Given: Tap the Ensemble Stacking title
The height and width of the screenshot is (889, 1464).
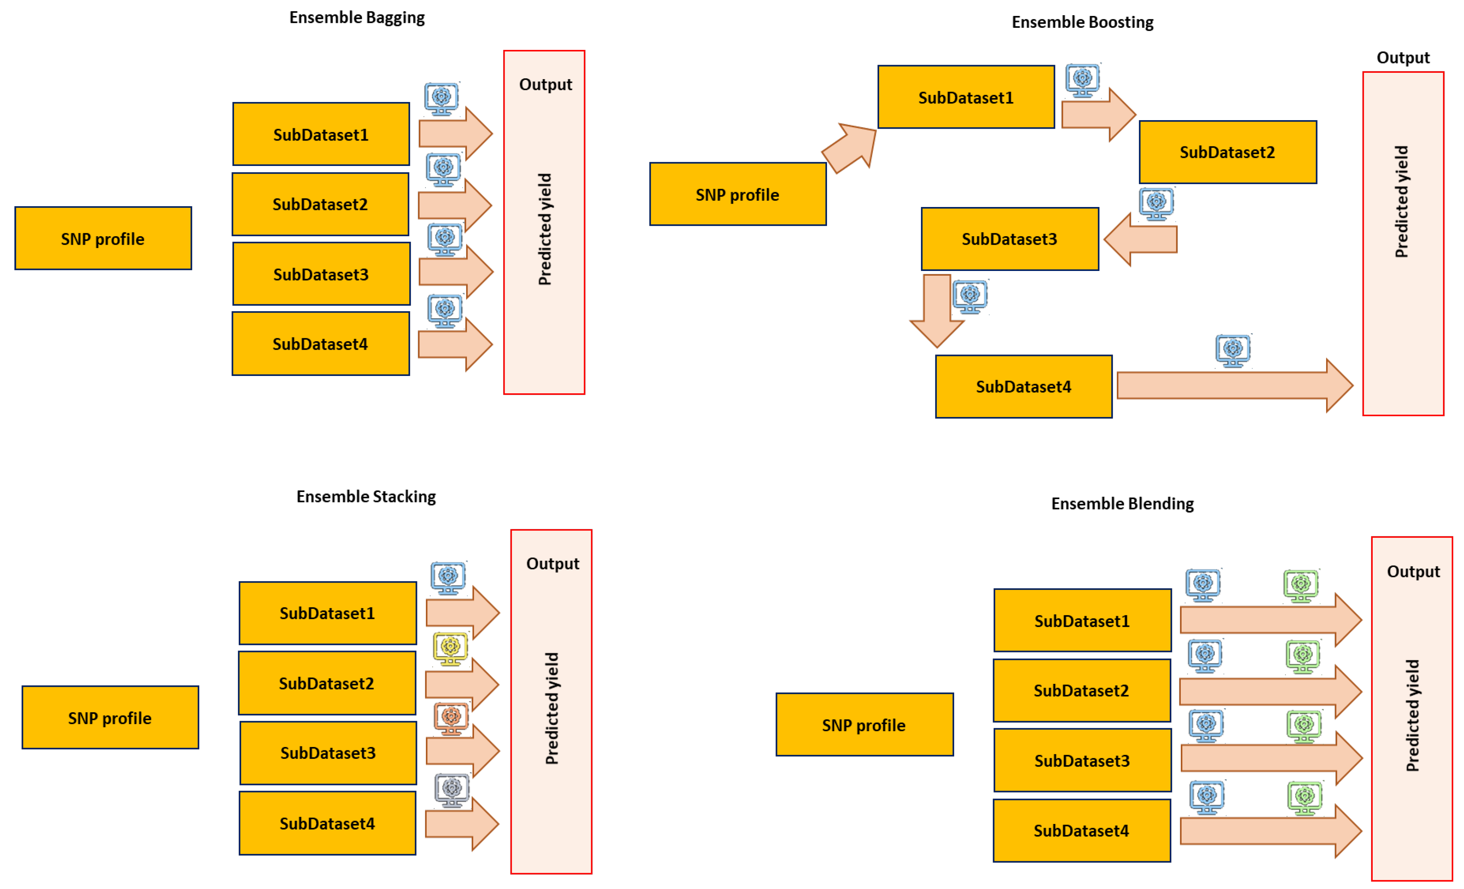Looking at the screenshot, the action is tap(366, 496).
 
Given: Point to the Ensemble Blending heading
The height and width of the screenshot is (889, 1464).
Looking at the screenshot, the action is tap(1122, 504).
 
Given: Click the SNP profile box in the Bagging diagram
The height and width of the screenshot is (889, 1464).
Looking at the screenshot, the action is tap(104, 238).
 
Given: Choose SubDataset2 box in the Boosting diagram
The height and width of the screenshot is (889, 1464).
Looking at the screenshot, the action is tap(1227, 152).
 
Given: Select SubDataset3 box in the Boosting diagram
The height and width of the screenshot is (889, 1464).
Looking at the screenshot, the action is tap(1010, 239).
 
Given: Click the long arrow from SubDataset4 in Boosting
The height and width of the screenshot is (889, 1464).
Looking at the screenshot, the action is tap(1235, 386).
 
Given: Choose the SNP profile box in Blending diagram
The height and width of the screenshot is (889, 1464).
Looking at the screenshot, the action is tap(864, 725).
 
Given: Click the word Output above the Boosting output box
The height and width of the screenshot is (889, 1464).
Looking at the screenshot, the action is tap(1403, 58).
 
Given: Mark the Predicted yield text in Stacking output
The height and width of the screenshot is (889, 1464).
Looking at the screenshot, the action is tap(552, 708).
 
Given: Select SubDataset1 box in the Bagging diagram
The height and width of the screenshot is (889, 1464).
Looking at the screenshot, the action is tap(321, 134).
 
